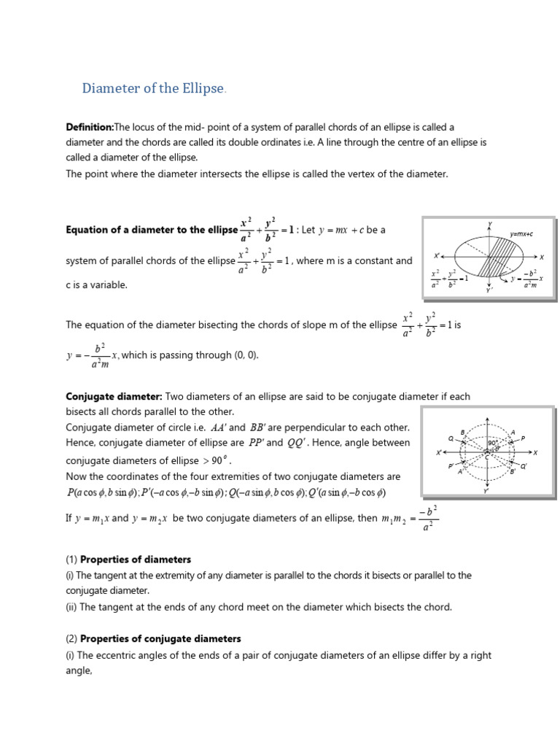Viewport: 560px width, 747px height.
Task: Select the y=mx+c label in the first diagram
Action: point(521,233)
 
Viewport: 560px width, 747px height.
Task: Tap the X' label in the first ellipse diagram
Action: point(437,256)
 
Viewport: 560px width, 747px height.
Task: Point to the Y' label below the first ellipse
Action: point(489,290)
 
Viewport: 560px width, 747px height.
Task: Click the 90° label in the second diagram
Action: point(492,443)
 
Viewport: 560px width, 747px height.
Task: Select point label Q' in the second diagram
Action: point(523,467)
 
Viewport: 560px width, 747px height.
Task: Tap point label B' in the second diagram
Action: point(512,472)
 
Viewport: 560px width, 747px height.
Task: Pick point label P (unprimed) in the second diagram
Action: point(523,438)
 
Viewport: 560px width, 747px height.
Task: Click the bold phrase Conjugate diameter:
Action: point(114,396)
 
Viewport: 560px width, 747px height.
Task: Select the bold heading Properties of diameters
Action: point(136,560)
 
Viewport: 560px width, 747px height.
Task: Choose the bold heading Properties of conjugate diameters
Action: point(160,638)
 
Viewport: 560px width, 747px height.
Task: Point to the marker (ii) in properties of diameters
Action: point(71,606)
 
